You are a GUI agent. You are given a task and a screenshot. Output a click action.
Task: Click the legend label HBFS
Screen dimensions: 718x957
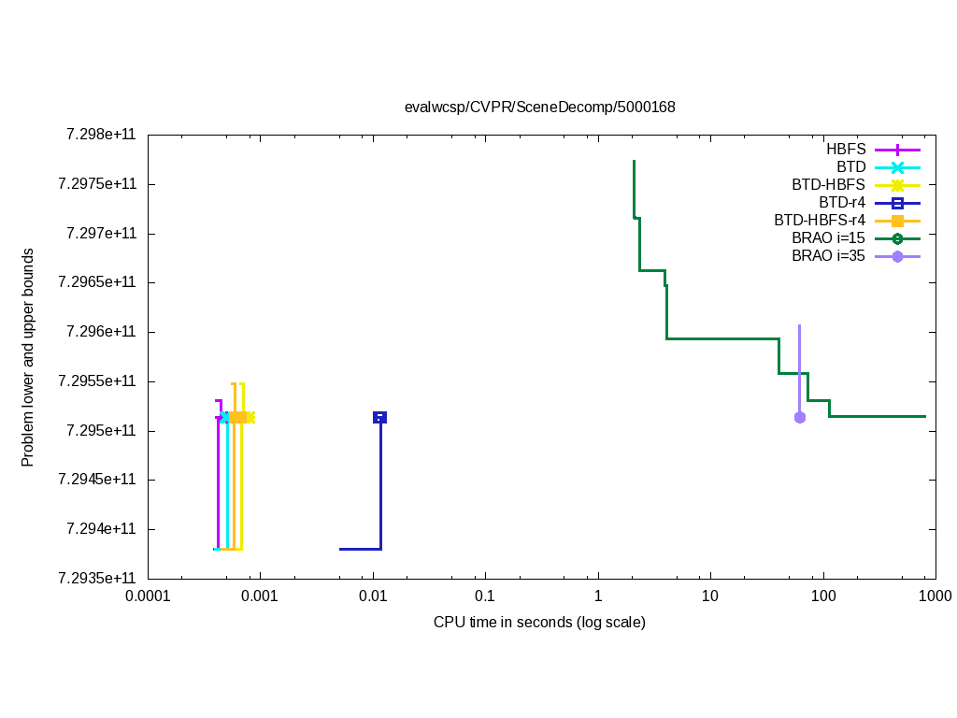(846, 150)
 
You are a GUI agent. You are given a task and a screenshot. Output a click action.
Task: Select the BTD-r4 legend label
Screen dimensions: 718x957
(842, 202)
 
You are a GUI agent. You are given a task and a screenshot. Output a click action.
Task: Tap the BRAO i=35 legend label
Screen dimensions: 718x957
(828, 255)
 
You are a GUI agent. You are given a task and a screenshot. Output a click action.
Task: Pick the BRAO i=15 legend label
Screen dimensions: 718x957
(828, 237)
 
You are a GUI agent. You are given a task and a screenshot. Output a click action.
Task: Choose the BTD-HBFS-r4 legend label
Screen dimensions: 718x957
(820, 221)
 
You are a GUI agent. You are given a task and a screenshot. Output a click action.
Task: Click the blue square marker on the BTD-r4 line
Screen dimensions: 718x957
(379, 417)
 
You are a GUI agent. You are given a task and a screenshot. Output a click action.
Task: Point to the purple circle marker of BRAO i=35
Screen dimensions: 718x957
(799, 417)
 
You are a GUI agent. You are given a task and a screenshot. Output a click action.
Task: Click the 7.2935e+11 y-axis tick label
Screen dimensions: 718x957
(97, 579)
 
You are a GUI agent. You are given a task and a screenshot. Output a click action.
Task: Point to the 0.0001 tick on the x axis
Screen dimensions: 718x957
(149, 596)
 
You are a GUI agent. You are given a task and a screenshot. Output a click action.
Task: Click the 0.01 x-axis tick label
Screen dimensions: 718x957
(373, 596)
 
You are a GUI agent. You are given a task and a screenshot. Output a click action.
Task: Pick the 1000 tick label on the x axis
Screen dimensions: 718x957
(935, 596)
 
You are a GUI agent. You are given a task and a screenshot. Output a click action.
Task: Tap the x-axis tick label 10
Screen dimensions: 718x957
(710, 596)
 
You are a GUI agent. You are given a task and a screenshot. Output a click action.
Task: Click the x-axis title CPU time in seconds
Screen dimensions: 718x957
(539, 622)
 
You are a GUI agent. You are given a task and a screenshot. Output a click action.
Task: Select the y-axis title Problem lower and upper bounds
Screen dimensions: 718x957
(28, 357)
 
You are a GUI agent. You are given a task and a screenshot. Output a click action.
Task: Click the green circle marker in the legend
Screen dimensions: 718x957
(897, 238)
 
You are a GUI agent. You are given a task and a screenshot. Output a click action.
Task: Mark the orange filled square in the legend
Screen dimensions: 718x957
(897, 221)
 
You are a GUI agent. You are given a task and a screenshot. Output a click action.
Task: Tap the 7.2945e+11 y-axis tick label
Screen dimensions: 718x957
(97, 480)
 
